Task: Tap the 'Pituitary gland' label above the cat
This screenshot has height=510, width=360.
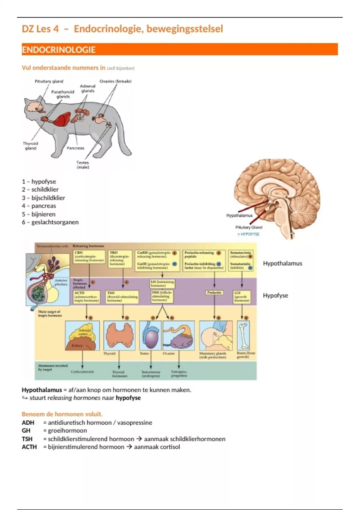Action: click(49, 81)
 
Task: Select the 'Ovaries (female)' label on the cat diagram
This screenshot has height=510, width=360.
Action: click(115, 81)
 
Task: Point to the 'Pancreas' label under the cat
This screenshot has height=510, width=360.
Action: click(75, 148)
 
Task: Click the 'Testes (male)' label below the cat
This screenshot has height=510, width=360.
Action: click(82, 165)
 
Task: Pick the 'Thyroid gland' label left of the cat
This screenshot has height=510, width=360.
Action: click(31, 146)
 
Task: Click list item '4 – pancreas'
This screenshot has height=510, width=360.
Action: click(39, 206)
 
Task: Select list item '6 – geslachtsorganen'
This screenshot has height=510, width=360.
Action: click(50, 222)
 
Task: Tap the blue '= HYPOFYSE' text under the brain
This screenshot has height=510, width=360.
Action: click(248, 234)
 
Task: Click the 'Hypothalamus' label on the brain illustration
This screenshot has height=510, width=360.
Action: click(239, 215)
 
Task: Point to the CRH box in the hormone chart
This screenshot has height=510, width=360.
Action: click(89, 257)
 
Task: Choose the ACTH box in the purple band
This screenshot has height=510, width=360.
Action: click(86, 297)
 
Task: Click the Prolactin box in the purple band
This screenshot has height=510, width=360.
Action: click(214, 292)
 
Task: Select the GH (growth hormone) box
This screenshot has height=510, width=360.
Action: click(242, 297)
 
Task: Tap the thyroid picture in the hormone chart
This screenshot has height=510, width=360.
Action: click(119, 335)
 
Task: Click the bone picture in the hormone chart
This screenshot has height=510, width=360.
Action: click(244, 335)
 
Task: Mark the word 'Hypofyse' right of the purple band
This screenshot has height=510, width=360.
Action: click(275, 295)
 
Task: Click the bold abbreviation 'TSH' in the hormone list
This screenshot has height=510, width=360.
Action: click(27, 439)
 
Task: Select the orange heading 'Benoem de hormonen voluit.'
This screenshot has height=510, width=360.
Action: click(62, 414)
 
